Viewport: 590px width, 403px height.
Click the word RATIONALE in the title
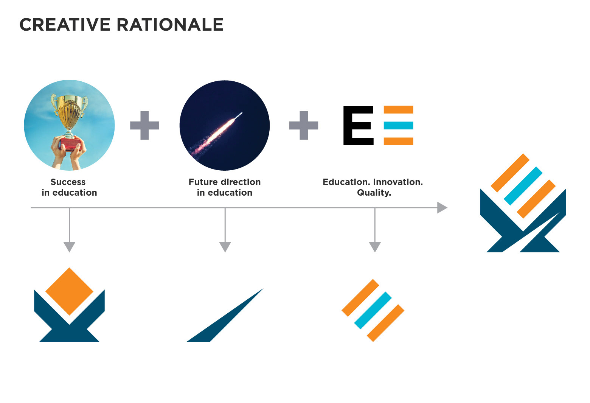pos(170,25)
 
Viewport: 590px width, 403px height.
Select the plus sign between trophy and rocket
pos(144,125)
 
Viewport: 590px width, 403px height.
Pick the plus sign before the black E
pos(304,125)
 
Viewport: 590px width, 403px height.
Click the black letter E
pos(357,125)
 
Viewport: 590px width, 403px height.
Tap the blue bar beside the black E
pos(398,125)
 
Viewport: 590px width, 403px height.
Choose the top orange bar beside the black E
pos(398,110)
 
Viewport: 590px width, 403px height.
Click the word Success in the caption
pos(68,182)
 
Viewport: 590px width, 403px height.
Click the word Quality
pos(374,193)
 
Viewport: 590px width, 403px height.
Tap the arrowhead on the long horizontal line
pos(442,208)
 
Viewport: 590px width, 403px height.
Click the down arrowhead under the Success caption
pos(69,247)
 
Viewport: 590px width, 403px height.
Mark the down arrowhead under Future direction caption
pos(225,247)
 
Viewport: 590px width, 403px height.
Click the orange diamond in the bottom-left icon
pos(69,291)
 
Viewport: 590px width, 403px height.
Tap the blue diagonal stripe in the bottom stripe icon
pos(373,310)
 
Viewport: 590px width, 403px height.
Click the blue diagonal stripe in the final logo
pos(523,186)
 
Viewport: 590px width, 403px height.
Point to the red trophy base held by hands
pos(70,143)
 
